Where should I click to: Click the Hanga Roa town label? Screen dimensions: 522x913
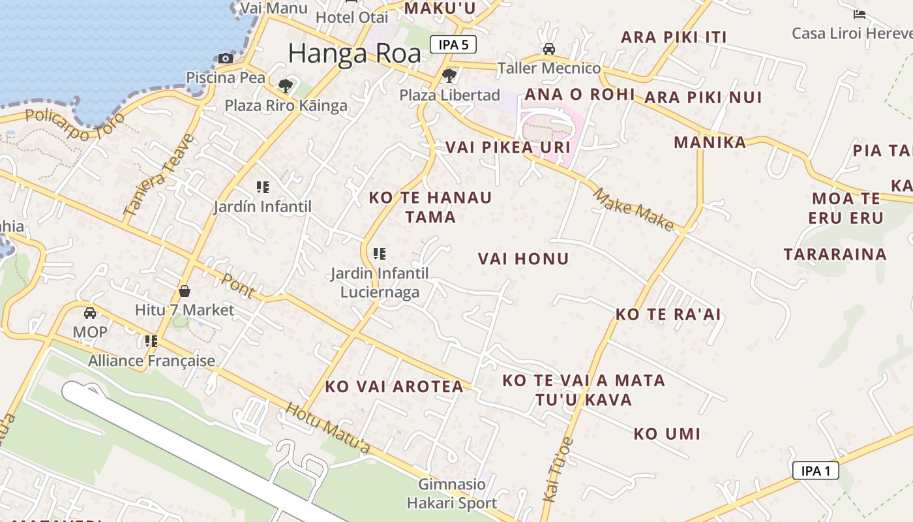354,54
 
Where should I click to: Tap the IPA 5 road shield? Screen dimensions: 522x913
453,44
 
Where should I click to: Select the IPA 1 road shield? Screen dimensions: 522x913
815,470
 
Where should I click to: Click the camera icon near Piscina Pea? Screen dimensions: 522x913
226,58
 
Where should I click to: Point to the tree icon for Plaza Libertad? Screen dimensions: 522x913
449,76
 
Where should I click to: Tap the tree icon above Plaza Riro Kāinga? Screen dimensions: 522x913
285,85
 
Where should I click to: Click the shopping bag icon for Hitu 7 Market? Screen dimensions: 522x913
185,291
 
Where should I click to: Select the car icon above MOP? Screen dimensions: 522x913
90,313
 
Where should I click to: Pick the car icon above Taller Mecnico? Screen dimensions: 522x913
549,49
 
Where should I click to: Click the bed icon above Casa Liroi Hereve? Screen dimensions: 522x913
860,14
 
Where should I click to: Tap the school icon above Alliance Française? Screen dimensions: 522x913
151,341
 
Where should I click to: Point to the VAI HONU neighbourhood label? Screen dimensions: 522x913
523,259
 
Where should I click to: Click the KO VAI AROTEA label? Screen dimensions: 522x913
394,386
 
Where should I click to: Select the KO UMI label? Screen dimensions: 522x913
666,434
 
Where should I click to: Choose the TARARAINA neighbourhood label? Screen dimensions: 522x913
835,254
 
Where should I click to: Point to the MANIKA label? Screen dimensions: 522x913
710,142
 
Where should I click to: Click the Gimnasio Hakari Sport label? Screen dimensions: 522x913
452,494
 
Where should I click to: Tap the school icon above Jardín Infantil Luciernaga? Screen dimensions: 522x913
379,254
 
